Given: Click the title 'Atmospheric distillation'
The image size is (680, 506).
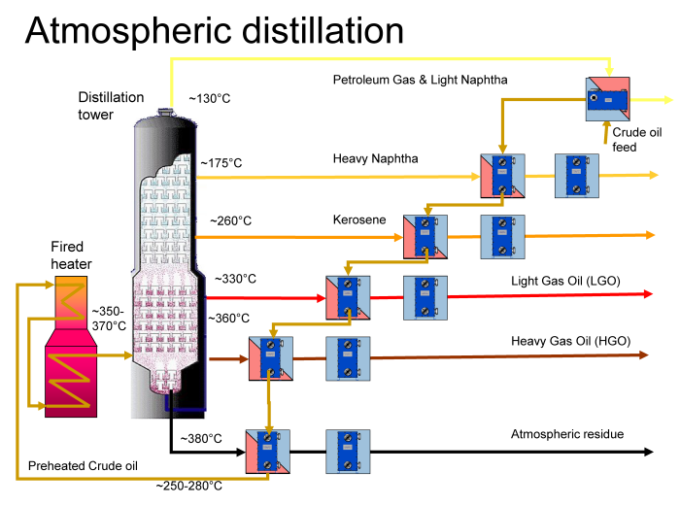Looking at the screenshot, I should (x=214, y=30).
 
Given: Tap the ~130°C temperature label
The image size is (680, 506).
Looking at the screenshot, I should (x=209, y=98).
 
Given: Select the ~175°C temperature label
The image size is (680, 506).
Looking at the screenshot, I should (x=221, y=163).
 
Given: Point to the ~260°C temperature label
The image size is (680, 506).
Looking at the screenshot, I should (x=230, y=220).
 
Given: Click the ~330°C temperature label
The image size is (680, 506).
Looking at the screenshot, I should (x=235, y=279).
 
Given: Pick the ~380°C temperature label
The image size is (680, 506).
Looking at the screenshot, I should (x=201, y=439).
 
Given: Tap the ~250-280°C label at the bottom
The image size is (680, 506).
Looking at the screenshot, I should (x=189, y=486).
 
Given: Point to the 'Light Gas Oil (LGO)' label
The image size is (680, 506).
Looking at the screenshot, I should (x=565, y=282).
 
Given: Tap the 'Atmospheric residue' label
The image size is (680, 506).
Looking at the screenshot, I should (x=567, y=434).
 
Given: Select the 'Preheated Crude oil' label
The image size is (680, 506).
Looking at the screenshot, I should (x=77, y=466).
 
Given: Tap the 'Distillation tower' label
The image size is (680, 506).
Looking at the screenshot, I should (x=111, y=106).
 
